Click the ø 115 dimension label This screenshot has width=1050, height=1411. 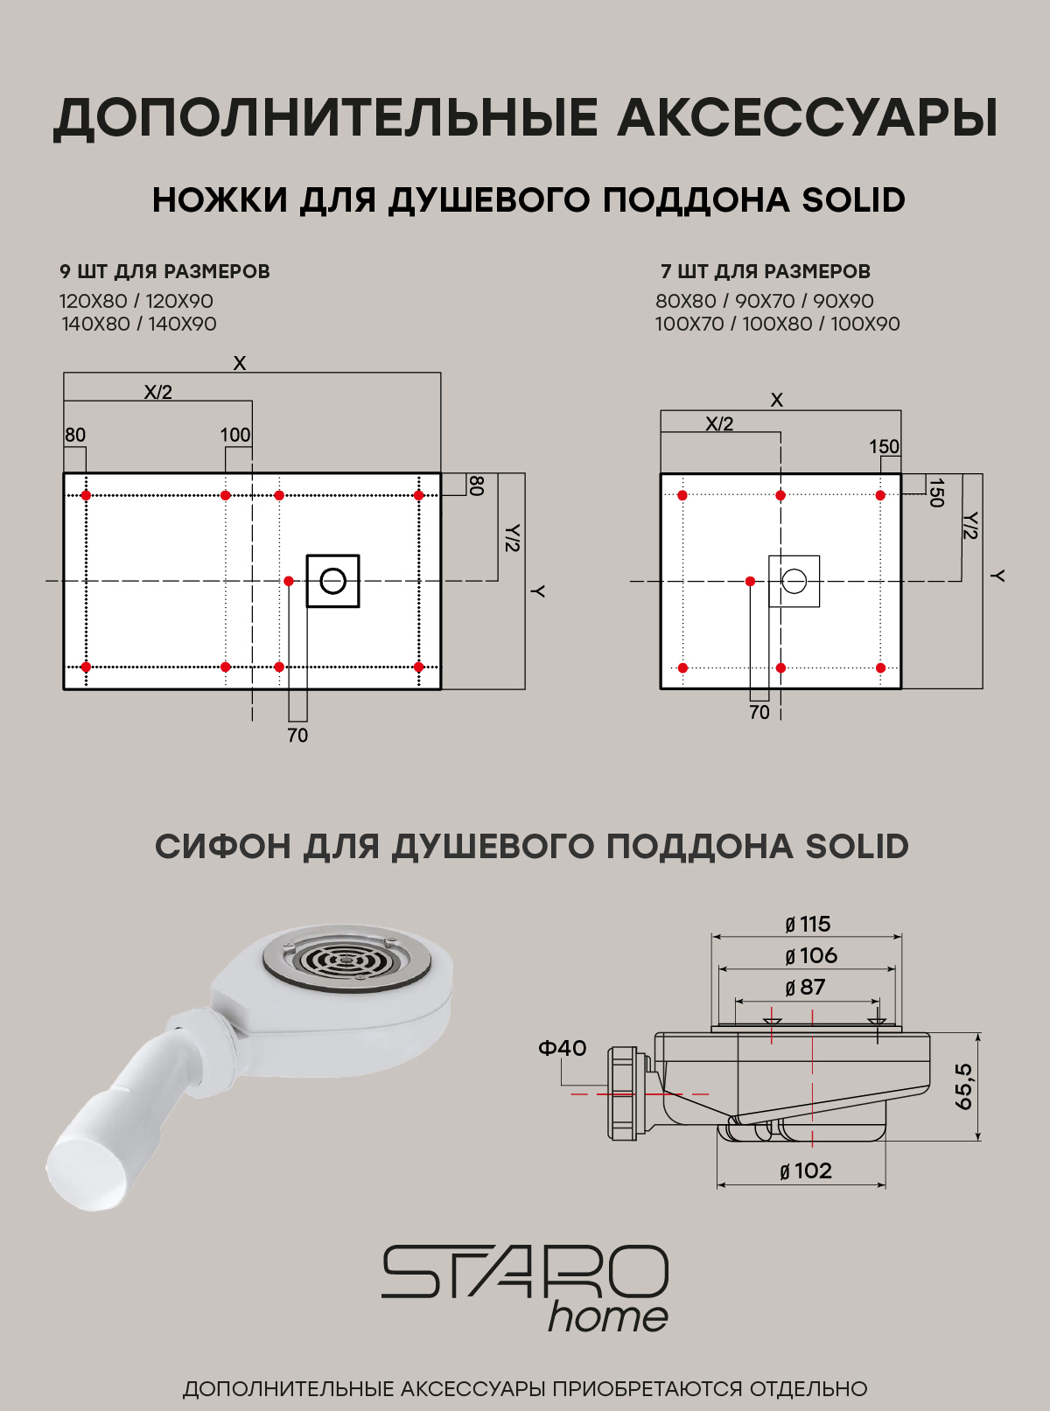[807, 925]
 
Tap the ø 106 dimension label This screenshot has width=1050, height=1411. [810, 956]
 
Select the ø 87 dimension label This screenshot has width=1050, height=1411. [805, 988]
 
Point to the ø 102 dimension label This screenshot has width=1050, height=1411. [805, 1171]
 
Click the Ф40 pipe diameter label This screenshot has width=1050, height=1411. [562, 1048]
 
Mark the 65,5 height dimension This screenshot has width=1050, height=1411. [963, 1086]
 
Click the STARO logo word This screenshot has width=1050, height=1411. [525, 1273]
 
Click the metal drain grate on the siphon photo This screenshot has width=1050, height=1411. [347, 960]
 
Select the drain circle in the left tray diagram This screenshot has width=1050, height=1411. [332, 581]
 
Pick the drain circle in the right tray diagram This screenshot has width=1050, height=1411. [794, 581]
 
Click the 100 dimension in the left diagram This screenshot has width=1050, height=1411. [234, 435]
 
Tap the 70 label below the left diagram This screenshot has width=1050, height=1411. [297, 736]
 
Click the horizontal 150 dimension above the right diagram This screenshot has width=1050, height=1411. [884, 447]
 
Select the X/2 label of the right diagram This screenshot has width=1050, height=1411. [719, 424]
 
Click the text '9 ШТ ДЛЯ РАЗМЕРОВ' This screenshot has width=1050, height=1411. [164, 272]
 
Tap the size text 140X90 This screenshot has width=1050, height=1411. [182, 325]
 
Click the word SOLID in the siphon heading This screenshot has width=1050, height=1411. [857, 847]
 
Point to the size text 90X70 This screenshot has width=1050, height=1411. [765, 302]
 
